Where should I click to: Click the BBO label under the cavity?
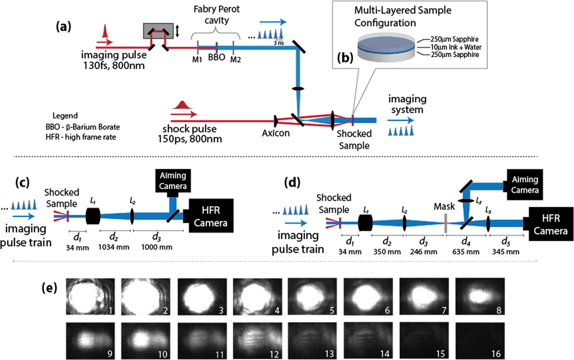(216, 57)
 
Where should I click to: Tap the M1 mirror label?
(197, 59)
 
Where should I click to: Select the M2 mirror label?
(235, 59)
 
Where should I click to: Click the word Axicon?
(276, 133)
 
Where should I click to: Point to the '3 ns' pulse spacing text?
(279, 43)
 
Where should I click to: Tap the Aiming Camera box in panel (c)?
(173, 181)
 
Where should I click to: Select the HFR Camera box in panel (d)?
(551, 224)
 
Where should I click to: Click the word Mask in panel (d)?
(444, 206)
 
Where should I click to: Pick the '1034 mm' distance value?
(114, 247)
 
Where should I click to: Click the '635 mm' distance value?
(466, 252)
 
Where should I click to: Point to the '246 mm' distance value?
(424, 252)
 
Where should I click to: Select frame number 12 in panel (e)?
(258, 340)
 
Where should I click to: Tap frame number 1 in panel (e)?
(90, 296)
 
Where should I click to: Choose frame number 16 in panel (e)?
(480, 340)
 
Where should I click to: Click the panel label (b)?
(345, 58)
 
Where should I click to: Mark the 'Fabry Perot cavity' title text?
(216, 15)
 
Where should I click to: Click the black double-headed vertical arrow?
(177, 30)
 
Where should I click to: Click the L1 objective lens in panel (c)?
(93, 216)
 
